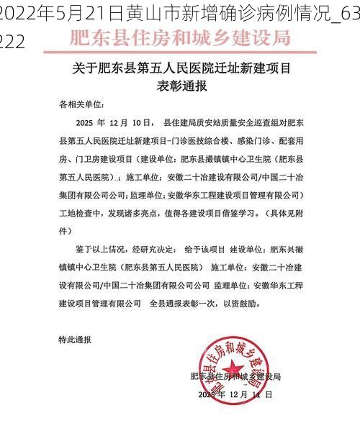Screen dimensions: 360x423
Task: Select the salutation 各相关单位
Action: pyautogui.click(x=82, y=104)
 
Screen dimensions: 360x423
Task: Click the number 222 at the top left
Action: pyautogui.click(x=12, y=42)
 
